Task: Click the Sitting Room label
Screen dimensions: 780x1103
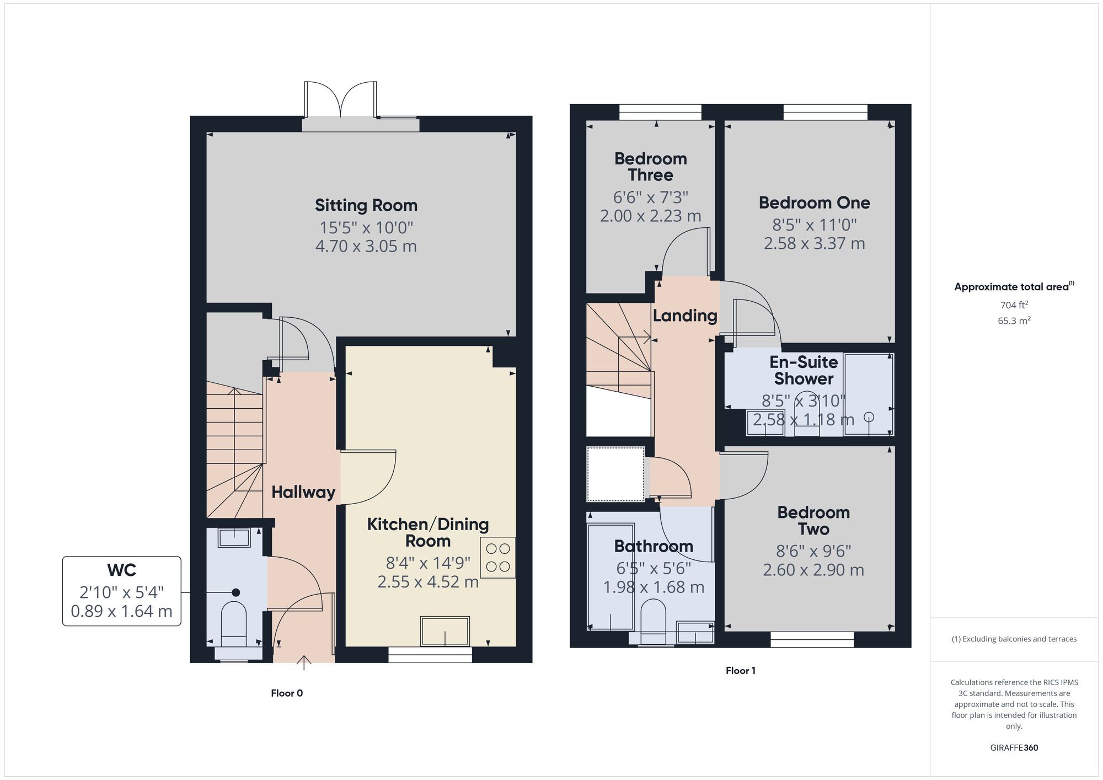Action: [x=366, y=205]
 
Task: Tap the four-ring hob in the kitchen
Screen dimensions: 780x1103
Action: [x=497, y=557]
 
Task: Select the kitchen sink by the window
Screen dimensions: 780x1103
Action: [x=445, y=631]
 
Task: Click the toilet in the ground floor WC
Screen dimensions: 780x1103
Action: [x=234, y=623]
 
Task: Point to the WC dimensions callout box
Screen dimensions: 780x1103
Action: [x=121, y=591]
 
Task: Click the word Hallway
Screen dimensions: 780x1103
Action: [x=303, y=492]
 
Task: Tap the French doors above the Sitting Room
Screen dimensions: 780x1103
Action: [x=341, y=99]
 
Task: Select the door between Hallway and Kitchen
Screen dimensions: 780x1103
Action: [x=367, y=477]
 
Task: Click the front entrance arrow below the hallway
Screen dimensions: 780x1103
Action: [x=304, y=662]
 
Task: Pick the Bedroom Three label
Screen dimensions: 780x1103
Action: [x=651, y=167]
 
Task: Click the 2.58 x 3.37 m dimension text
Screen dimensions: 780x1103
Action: [x=814, y=243]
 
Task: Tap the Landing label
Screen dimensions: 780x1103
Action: [x=685, y=316]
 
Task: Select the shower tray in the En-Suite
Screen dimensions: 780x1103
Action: [x=868, y=394]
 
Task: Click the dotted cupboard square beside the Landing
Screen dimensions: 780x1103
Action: [x=615, y=474]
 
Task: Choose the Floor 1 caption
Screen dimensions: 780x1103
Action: [x=740, y=671]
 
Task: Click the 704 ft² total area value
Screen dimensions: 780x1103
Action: [x=1014, y=305]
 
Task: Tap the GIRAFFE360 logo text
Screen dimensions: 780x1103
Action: [x=1014, y=748]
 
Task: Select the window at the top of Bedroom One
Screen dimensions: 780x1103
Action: [x=825, y=113]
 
